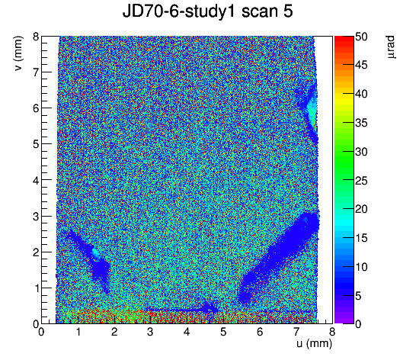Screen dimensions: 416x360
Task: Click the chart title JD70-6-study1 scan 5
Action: click(207, 11)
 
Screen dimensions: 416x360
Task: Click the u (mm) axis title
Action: click(314, 343)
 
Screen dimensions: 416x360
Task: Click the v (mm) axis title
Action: click(18, 53)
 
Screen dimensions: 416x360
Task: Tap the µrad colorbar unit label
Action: click(391, 47)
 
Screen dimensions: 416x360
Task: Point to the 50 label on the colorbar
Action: click(361, 37)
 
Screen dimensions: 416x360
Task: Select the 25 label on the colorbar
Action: click(361, 181)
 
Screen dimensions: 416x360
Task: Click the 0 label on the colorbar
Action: click(358, 324)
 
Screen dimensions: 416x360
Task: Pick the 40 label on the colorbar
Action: click(361, 94)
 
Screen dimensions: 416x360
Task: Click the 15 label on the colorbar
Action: click(361, 238)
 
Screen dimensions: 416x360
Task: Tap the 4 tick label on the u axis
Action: click(187, 332)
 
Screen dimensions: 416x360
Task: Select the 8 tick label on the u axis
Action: click(332, 332)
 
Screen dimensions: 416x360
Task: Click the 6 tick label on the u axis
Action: click(260, 332)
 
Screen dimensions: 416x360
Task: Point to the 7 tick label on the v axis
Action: click(36, 72)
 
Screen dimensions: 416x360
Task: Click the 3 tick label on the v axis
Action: click(36, 217)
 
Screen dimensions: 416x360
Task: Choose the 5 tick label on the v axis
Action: click(36, 144)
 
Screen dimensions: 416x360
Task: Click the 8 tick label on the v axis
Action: click(36, 37)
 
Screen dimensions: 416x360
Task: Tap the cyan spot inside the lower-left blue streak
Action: click(96, 254)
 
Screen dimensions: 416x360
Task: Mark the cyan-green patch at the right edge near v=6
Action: click(312, 111)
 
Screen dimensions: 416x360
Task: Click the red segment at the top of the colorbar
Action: click(344, 39)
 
